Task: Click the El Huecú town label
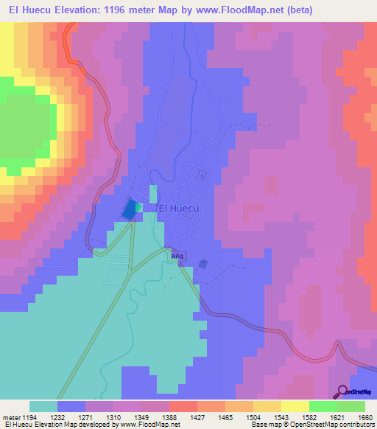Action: (x=178, y=208)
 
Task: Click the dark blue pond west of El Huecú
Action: (x=130, y=209)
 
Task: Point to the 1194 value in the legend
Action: (x=29, y=416)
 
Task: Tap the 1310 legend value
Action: (x=113, y=416)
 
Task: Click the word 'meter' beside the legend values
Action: (x=10, y=416)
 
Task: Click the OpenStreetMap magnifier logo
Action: (x=341, y=391)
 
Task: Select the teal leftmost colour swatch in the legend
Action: (x=43, y=406)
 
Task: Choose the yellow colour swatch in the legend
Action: (x=295, y=406)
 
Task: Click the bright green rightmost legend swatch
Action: (x=350, y=406)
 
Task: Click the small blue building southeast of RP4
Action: (x=203, y=264)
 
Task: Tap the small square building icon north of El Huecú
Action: (x=202, y=175)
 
